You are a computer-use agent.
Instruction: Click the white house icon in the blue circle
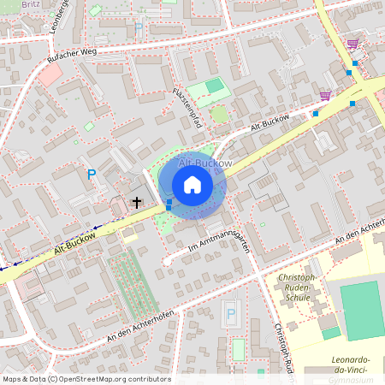pos(192,185)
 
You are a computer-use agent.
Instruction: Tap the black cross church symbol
pos(137,203)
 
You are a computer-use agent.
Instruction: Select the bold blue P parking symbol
pos(92,175)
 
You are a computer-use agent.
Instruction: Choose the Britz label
pos(31,4)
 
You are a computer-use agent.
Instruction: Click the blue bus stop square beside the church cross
pos(169,204)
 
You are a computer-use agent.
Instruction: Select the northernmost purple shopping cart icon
pos(352,44)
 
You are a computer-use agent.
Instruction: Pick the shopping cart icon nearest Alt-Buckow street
pos(325,96)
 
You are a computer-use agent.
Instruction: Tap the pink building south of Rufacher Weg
pos(50,74)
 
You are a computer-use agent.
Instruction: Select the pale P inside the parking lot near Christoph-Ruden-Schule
pos(230,315)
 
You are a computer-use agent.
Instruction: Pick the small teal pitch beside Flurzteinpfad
pos(214,86)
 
